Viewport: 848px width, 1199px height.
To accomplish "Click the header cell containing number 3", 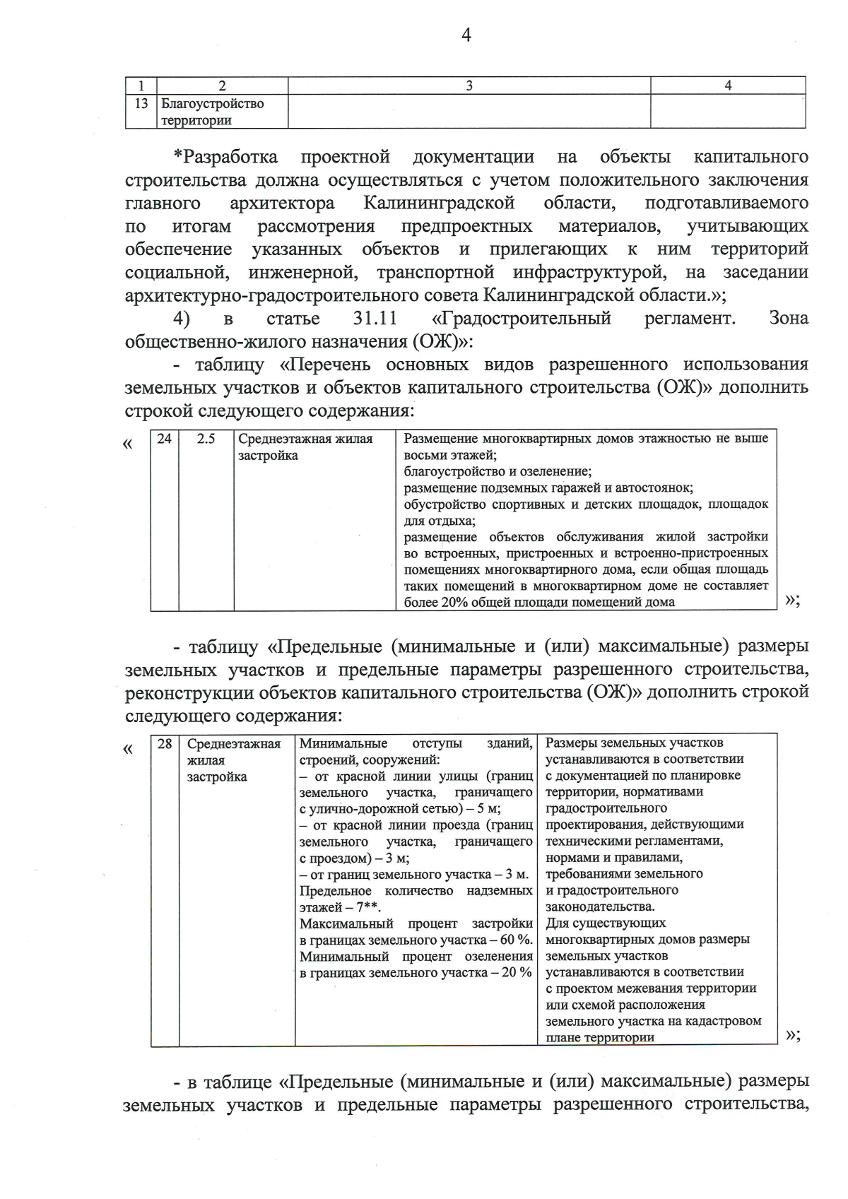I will [x=469, y=85].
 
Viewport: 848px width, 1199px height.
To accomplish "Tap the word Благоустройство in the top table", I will [x=213, y=104].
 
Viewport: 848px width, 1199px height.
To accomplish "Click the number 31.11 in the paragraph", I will [x=375, y=318].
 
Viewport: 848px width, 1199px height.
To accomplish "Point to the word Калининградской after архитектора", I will [x=439, y=203].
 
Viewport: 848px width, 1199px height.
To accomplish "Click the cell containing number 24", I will [x=164, y=439].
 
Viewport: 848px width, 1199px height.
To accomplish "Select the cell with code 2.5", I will [x=206, y=439].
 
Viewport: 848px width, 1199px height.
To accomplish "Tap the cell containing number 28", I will [x=165, y=744].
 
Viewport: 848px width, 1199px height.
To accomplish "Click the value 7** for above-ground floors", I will [x=367, y=907].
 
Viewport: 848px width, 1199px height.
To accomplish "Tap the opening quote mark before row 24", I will [x=128, y=444].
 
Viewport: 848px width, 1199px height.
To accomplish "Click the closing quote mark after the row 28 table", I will [x=791, y=1035].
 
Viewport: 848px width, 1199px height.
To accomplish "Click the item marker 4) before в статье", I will [x=182, y=318].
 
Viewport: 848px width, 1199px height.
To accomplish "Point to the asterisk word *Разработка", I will [x=226, y=157].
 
